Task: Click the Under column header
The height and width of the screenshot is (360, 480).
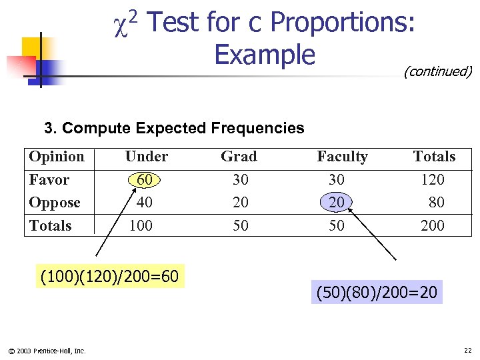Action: click(146, 157)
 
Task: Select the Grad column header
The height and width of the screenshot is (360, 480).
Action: click(239, 157)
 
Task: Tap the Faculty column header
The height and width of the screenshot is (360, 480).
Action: click(342, 157)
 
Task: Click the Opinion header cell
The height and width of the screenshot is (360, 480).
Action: click(57, 157)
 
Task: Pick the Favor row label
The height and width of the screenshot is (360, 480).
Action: click(49, 180)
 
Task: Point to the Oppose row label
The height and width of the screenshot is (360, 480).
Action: click(55, 203)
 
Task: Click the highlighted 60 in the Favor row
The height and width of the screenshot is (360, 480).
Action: click(144, 179)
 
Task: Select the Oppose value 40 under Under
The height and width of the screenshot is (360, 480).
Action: click(144, 202)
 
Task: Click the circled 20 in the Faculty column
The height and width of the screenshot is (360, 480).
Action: click(337, 202)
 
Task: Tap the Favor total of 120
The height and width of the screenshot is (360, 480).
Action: click(433, 179)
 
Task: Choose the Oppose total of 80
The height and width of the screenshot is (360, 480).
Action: click(436, 202)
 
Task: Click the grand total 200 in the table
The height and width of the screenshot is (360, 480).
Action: click(433, 225)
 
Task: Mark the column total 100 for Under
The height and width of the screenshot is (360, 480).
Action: click(141, 225)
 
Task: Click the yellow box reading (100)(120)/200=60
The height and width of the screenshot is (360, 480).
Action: click(109, 275)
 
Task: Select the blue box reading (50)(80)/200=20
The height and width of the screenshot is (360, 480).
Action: click(376, 293)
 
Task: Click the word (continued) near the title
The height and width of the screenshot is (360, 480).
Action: click(437, 71)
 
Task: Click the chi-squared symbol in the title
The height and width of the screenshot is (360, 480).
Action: click(125, 25)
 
